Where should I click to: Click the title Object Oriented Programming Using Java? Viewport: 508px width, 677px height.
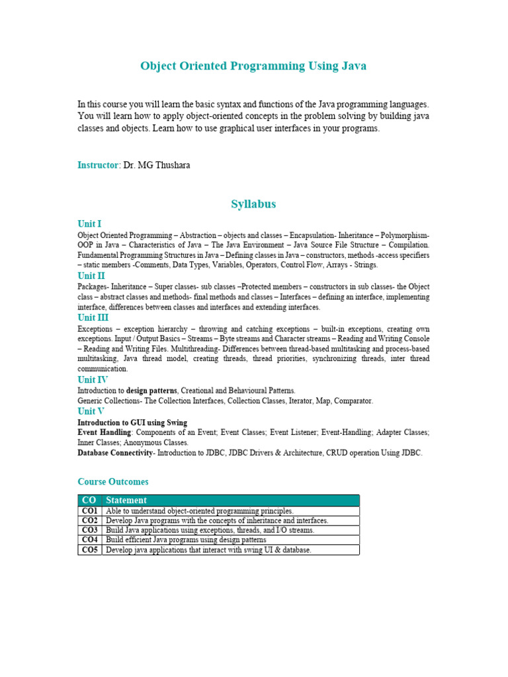(x=253, y=66)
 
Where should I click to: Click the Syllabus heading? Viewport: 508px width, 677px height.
(x=253, y=204)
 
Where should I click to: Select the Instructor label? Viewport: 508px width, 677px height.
(x=99, y=165)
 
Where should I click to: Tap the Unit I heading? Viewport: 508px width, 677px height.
(x=89, y=224)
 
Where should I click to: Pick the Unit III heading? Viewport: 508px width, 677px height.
(x=93, y=317)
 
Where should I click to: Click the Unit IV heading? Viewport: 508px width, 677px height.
(x=92, y=379)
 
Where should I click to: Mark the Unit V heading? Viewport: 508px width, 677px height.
(x=91, y=411)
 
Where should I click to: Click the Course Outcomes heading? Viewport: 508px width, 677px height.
(x=113, y=482)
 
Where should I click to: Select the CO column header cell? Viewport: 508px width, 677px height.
(x=89, y=500)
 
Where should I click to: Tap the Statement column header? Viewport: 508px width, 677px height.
(x=126, y=500)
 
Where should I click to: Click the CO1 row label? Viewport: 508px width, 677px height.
(x=89, y=511)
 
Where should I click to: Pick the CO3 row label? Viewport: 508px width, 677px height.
(x=89, y=530)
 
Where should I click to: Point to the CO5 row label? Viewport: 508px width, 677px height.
(x=89, y=549)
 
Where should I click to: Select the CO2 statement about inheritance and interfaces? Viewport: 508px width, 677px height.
(x=217, y=521)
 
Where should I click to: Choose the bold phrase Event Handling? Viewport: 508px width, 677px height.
(x=104, y=432)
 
